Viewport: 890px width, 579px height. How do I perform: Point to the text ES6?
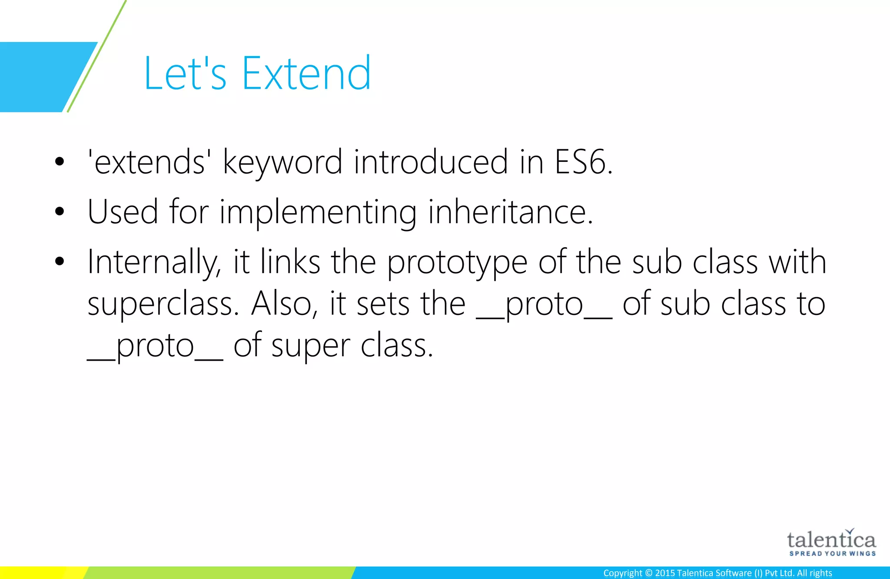tap(584, 162)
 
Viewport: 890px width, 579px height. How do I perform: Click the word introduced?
tap(431, 162)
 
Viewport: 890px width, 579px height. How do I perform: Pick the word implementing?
tap(318, 212)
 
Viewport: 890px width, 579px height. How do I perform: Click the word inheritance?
tap(510, 211)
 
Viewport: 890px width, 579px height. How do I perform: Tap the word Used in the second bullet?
tap(123, 211)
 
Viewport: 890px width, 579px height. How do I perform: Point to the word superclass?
tap(163, 304)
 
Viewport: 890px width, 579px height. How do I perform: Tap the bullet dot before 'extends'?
tap(60, 162)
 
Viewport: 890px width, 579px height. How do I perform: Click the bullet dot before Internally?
tap(60, 261)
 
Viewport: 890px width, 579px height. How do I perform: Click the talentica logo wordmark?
tap(831, 540)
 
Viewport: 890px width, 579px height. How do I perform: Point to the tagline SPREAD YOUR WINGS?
tap(832, 554)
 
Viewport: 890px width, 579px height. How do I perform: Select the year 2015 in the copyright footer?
tap(665, 573)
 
